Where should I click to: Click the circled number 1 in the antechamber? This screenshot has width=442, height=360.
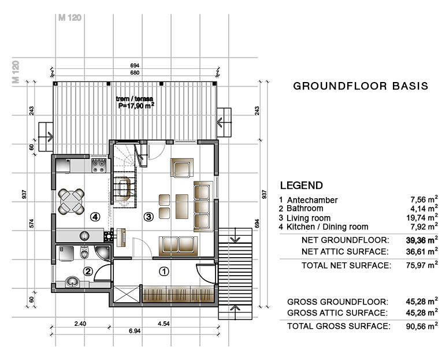[x=164, y=272]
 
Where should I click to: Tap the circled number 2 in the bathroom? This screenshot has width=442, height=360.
[x=88, y=272]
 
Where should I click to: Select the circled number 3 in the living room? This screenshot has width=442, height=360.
[x=148, y=217]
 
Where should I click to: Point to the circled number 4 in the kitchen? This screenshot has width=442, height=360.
[x=95, y=217]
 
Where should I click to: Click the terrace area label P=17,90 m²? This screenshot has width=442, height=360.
[x=136, y=106]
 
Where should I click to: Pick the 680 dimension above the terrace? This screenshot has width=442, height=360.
[x=135, y=72]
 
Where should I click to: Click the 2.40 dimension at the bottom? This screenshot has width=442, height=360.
[x=80, y=324]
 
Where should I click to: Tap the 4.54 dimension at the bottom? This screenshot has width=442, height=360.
[x=164, y=324]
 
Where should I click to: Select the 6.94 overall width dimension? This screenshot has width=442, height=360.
[x=135, y=331]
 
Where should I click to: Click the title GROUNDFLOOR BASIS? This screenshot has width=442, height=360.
[x=361, y=86]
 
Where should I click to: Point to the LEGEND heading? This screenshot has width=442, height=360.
[x=302, y=185]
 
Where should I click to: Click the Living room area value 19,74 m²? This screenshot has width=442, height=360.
[x=422, y=217]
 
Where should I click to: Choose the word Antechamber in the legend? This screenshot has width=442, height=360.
[x=313, y=200]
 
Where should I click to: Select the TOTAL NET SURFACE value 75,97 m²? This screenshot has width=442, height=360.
[x=422, y=265]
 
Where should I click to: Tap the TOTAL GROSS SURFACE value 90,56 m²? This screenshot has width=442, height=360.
[x=422, y=325]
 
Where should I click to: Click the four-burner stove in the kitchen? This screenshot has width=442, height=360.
[x=99, y=165]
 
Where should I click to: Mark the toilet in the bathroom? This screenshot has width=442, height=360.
[x=84, y=253]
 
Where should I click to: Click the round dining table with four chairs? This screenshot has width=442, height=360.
[x=71, y=202]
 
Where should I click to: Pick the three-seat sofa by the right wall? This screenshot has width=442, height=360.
[x=203, y=207]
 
